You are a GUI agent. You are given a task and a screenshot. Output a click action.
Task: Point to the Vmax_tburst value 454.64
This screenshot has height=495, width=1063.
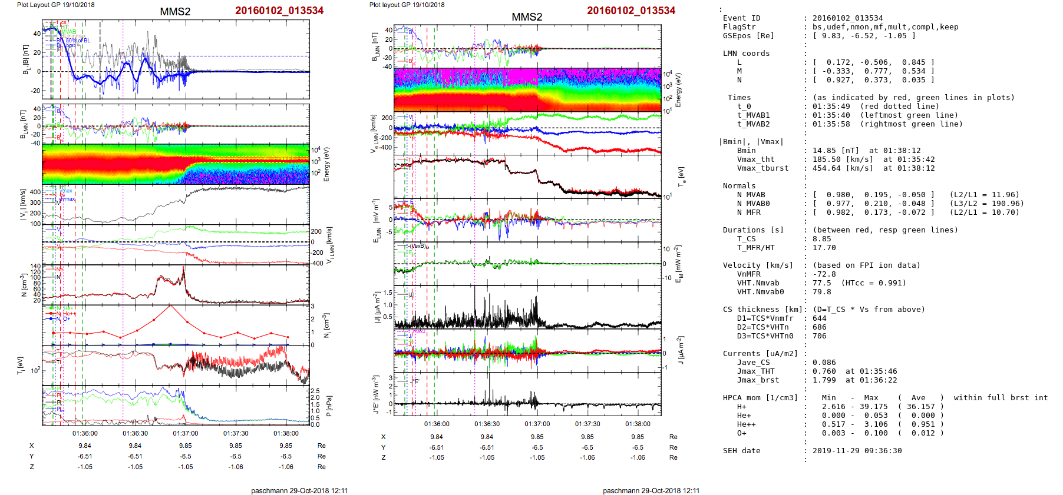(826, 168)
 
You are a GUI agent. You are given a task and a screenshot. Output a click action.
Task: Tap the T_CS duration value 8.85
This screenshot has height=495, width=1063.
(821, 239)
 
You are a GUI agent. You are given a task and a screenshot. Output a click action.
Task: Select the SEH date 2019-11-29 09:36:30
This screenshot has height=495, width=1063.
(857, 451)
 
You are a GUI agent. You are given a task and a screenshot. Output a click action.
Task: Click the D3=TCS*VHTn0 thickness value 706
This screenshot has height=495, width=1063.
(819, 336)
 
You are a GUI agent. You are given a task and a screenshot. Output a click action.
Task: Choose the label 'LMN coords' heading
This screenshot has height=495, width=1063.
(746, 54)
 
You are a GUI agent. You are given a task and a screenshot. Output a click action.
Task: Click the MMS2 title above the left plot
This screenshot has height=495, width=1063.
(175, 12)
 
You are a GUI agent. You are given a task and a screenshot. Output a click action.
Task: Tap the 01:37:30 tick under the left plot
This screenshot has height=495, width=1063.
(236, 433)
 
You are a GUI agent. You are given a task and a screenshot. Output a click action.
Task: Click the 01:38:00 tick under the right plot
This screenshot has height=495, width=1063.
(638, 424)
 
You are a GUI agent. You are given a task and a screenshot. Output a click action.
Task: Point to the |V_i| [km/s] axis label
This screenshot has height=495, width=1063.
(23, 205)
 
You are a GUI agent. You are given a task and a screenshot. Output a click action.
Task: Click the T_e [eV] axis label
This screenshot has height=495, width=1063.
(681, 176)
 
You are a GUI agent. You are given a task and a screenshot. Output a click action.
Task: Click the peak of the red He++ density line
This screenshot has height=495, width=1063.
(170, 305)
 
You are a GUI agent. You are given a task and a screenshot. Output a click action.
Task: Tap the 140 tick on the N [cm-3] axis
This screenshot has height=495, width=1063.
(37, 267)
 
